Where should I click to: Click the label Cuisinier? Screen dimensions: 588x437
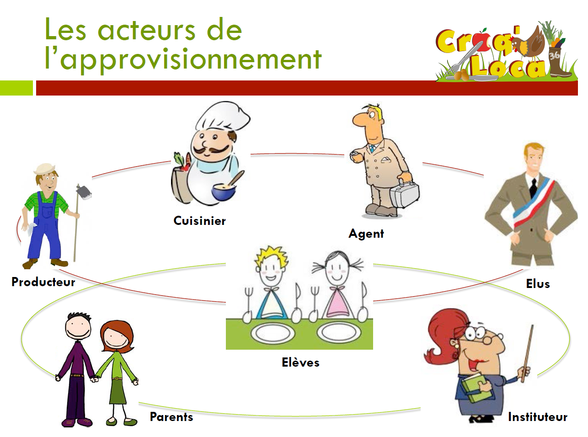point(199,221)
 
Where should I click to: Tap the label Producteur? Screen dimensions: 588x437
point(43,282)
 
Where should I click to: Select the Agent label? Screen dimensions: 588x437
point(366,234)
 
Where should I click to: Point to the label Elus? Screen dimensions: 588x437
point(538,284)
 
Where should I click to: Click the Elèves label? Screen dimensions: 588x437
point(300,362)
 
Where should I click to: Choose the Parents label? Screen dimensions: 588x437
point(171,417)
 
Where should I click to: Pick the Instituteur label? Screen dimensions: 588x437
point(538,417)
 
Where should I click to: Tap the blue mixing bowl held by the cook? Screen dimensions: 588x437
point(224,192)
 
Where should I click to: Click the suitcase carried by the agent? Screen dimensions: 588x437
point(405,193)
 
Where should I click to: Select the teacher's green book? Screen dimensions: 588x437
point(476,388)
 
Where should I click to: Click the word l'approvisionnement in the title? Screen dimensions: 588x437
point(183,60)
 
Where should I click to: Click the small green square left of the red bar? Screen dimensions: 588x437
point(16,88)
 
